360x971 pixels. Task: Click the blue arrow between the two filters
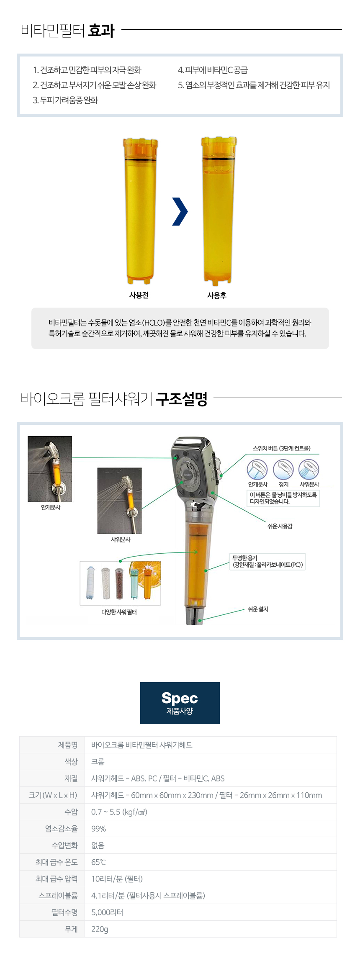point(180,211)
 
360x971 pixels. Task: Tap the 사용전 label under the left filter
point(139,295)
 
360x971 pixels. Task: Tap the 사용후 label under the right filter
point(217,295)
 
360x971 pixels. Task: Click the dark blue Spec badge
point(180,703)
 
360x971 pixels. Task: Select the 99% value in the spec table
point(99,829)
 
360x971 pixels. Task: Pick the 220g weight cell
point(100,929)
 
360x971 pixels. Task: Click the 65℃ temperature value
point(98,862)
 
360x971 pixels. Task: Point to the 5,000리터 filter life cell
point(107,912)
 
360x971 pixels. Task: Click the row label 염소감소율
point(62,829)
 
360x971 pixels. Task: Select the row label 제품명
point(68,745)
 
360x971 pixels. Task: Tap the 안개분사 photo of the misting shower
point(50,469)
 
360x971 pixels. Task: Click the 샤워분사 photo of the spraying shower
point(119,501)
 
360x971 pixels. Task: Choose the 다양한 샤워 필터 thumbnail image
point(120,583)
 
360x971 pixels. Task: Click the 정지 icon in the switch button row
point(283,470)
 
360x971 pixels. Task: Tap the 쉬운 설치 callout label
point(258,609)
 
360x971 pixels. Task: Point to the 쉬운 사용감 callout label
point(280,526)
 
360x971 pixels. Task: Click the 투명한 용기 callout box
point(267,561)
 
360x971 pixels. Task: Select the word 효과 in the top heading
point(101,30)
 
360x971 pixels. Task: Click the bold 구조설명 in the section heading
point(182,398)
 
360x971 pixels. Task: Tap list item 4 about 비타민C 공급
point(213,70)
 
